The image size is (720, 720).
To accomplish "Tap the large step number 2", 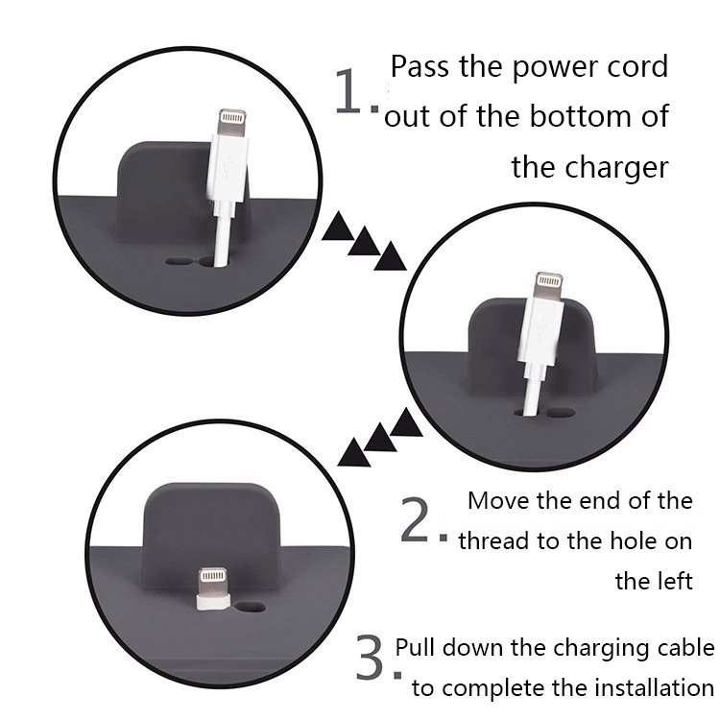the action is coord(415,519).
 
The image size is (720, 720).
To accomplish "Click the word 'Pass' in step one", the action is coord(420,66).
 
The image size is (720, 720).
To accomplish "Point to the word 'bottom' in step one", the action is coord(581,116).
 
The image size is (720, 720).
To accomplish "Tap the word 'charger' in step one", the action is coord(615,169).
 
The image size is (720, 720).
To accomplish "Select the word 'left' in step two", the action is coord(674,581).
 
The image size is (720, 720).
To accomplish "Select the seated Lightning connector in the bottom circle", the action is coord(213,589).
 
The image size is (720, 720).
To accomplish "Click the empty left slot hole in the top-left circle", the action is coord(179,262).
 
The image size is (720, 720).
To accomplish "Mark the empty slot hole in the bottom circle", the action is coord(251,607).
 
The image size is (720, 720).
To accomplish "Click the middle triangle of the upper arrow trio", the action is coord(364,241).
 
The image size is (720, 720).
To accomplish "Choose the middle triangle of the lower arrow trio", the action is coord(380,438).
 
